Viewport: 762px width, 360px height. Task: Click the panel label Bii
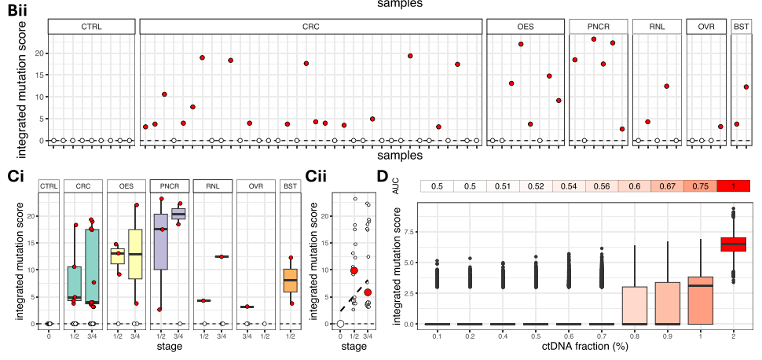point(17,10)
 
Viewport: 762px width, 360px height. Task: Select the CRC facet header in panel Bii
point(310,27)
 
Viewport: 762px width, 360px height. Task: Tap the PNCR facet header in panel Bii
point(598,27)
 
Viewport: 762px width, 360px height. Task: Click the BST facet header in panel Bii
point(741,27)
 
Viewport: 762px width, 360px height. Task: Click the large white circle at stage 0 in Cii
point(340,323)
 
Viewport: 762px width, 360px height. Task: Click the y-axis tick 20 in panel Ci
point(32,215)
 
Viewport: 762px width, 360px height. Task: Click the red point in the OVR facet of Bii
point(720,127)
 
